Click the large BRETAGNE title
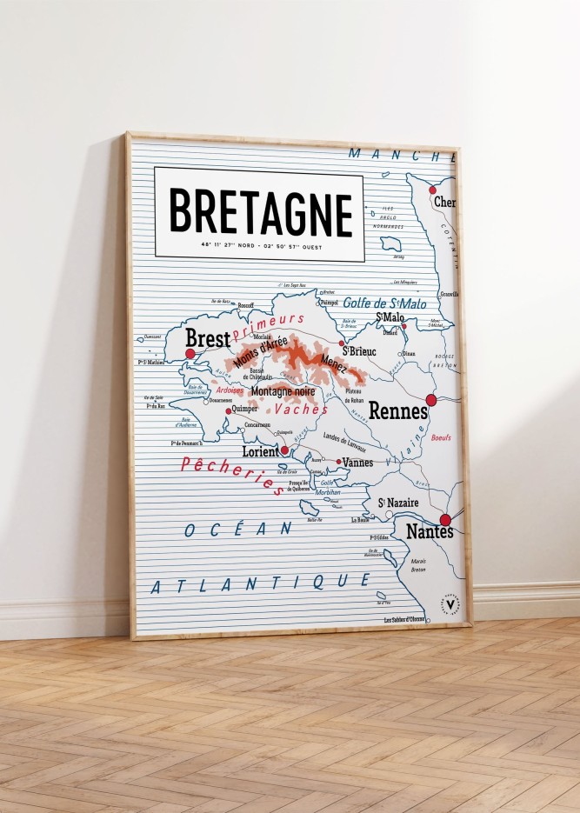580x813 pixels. (x=260, y=213)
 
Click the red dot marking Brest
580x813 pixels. (x=190, y=354)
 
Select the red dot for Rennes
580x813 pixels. (x=430, y=400)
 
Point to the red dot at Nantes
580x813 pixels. (x=445, y=520)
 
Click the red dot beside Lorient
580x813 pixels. (x=284, y=450)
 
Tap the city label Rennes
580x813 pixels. (x=397, y=411)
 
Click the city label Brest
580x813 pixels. (x=208, y=338)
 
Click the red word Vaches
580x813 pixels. (x=301, y=409)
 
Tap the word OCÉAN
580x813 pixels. (x=238, y=529)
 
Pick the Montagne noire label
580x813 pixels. (x=283, y=392)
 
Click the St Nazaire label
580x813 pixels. (x=398, y=503)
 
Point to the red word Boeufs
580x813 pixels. (x=442, y=439)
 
